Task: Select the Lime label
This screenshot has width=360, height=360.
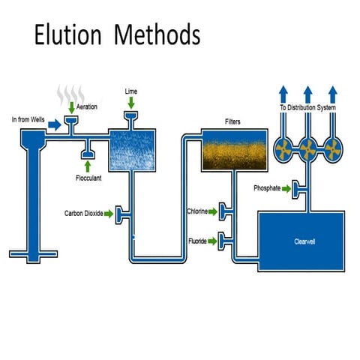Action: click(131, 91)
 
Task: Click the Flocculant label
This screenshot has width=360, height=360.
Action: click(89, 178)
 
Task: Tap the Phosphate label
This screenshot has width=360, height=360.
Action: click(268, 188)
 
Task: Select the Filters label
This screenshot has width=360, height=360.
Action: click(232, 121)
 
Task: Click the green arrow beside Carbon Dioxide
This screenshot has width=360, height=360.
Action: click(109, 214)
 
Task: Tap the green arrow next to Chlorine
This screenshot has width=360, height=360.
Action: click(213, 212)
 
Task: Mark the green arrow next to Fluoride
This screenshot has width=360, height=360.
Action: click(213, 241)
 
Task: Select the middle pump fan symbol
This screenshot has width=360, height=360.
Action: click(307, 148)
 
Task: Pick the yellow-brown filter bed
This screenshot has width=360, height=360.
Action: click(232, 150)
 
